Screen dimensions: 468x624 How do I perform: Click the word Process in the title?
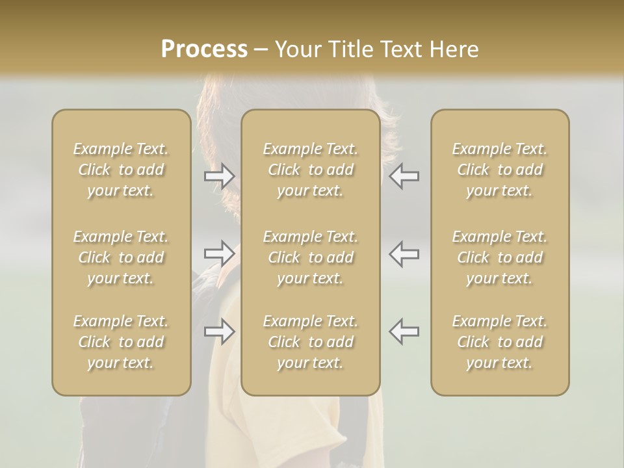pyautogui.click(x=204, y=49)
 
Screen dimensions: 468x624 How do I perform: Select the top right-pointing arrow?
pyautogui.click(x=220, y=175)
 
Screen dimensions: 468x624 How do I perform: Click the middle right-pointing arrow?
pyautogui.click(x=220, y=253)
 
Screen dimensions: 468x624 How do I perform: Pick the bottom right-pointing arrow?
pyautogui.click(x=220, y=331)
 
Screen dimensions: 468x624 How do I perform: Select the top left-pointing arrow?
pyautogui.click(x=404, y=175)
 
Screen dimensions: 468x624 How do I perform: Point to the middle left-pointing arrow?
pyautogui.click(x=404, y=253)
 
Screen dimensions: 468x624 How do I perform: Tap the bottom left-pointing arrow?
pyautogui.click(x=404, y=331)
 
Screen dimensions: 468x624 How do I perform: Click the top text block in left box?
pyautogui.click(x=121, y=170)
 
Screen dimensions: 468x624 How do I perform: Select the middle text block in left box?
pyautogui.click(x=121, y=257)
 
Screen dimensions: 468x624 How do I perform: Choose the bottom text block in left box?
pyautogui.click(x=121, y=342)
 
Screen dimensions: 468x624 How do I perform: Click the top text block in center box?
pyautogui.click(x=311, y=170)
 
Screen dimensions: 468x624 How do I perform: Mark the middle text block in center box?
pyautogui.click(x=311, y=257)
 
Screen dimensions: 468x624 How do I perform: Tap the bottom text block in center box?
pyautogui.click(x=311, y=342)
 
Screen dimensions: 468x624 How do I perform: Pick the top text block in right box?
pyautogui.click(x=500, y=170)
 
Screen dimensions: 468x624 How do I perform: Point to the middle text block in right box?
pyautogui.click(x=500, y=257)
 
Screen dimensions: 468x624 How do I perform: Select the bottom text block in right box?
pyautogui.click(x=500, y=342)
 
